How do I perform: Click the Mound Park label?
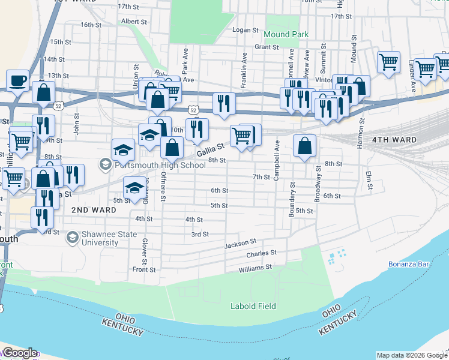pos(286,35)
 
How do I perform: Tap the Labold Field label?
pos(253,306)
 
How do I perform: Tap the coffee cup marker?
pos(18,80)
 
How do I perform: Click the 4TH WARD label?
pos(394,140)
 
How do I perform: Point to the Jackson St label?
pos(240,244)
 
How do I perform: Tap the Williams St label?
pos(255,266)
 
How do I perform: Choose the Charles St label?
pos(261,254)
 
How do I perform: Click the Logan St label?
pos(245,29)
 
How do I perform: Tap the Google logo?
pos(20,353)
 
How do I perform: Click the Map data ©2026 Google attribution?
pos(412,355)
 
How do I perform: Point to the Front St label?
pos(144,270)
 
